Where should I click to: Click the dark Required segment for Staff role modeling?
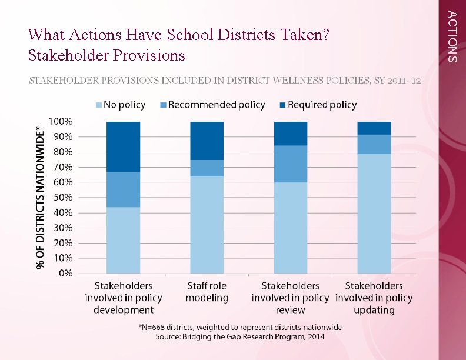coord(207,141)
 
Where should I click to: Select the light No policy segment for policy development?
coord(123,240)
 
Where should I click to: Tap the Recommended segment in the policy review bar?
coord(291,164)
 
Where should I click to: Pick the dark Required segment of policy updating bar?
coord(374,128)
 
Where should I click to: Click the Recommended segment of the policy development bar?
coord(123,189)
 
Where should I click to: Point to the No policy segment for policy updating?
coord(374,214)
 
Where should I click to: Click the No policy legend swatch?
coord(98,105)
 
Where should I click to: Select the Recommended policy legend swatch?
coord(163,105)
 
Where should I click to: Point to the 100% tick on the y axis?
coord(61,122)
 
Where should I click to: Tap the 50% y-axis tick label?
coord(62,198)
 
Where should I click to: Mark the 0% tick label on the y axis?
coord(65,274)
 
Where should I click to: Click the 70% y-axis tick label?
coord(62,167)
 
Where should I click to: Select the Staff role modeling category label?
coord(207,292)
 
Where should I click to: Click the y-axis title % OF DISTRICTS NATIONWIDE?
coord(39,197)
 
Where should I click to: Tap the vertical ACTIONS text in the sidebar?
coord(451,36)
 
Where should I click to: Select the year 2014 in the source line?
coord(315,336)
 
